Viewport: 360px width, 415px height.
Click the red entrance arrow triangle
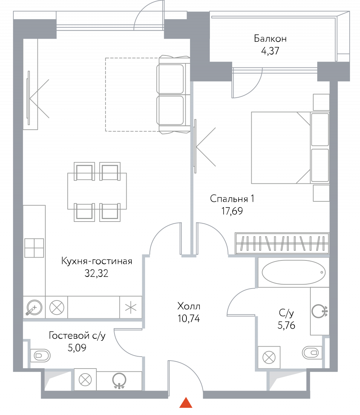(186, 402)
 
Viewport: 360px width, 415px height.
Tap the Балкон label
(270, 39)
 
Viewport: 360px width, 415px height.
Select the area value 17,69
(232, 211)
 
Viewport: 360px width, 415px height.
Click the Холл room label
(189, 306)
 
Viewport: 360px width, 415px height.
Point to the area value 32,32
(96, 273)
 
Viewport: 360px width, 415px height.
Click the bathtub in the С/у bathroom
(294, 272)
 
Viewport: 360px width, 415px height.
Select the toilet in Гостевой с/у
(40, 356)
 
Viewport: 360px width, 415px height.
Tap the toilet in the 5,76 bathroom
(312, 353)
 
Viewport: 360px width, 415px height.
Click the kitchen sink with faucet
(34, 307)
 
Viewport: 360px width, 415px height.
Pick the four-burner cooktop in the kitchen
(34, 248)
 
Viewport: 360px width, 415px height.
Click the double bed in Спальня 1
(290, 148)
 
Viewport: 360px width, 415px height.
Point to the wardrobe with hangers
(282, 243)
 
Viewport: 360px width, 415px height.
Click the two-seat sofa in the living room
(173, 94)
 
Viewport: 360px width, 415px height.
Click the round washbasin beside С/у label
(320, 311)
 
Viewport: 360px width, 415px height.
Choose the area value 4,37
(270, 50)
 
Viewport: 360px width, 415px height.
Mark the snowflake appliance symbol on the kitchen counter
(131, 307)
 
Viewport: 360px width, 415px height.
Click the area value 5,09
(77, 348)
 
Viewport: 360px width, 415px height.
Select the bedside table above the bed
(321, 102)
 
